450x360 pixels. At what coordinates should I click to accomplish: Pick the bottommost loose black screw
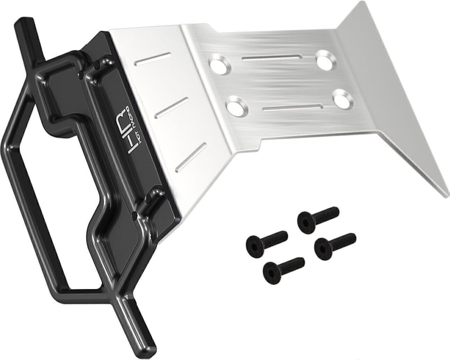[x=282, y=268]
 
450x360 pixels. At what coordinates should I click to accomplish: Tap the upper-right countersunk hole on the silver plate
[x=325, y=60]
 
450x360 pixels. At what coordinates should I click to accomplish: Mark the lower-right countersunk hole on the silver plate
[x=341, y=99]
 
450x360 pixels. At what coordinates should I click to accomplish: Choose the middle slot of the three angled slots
[x=172, y=107]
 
